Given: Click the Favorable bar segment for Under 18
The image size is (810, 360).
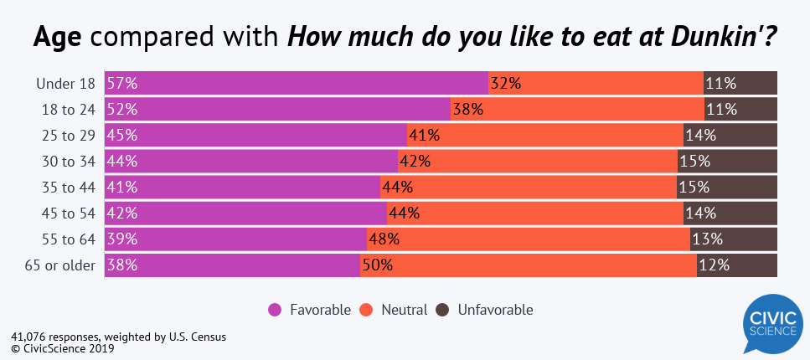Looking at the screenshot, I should pos(297,83).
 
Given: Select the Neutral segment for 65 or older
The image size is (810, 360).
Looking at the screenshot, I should pos(528,265).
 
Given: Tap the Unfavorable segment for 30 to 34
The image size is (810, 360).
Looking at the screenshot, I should pos(727,161).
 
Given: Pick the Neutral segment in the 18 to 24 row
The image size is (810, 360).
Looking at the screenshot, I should pos(577,109).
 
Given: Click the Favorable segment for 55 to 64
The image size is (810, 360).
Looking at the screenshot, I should pos(235,239).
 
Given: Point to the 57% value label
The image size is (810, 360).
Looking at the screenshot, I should pos(121,83).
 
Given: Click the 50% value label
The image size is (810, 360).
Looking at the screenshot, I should pos(377,265).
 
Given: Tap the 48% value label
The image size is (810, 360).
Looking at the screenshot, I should pos(384,239).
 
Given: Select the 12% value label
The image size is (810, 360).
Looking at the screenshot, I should pos(715,265).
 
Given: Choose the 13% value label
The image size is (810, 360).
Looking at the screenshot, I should pos(708,239).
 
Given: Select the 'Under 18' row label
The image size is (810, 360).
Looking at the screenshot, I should pos(66,83).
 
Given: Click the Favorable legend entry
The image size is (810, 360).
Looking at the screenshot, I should pos(310,310).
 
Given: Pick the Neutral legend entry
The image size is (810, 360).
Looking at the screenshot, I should pos(394,310).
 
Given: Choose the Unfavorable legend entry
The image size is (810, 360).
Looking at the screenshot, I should pos(485,310).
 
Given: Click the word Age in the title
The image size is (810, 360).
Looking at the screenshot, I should pos(62,38).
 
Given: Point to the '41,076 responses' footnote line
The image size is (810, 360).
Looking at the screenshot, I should pos(118,337).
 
